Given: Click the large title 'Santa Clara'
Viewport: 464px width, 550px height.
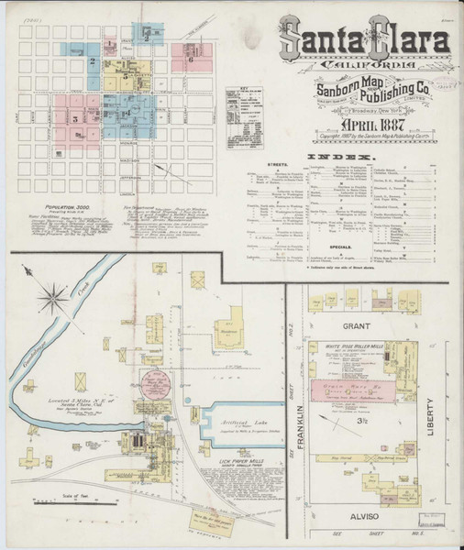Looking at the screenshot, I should point(364,41).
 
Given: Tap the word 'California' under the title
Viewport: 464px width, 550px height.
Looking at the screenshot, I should point(364,66).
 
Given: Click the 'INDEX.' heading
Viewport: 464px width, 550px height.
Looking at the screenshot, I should point(364,157).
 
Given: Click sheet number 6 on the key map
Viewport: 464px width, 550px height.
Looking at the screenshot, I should point(190,59).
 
